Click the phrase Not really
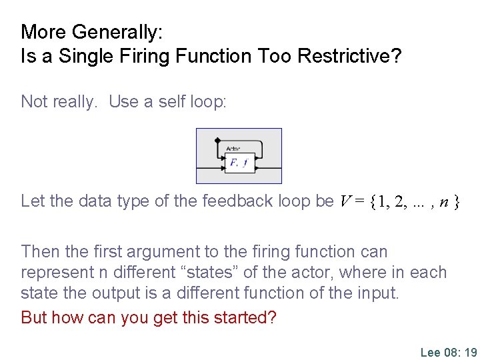pyautogui.click(x=59, y=101)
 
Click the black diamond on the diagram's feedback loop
pyautogui.click(x=217, y=141)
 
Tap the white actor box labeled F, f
pyautogui.click(x=239, y=162)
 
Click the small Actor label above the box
pyautogui.click(x=233, y=149)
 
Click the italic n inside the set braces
pyautogui.click(x=443, y=201)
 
